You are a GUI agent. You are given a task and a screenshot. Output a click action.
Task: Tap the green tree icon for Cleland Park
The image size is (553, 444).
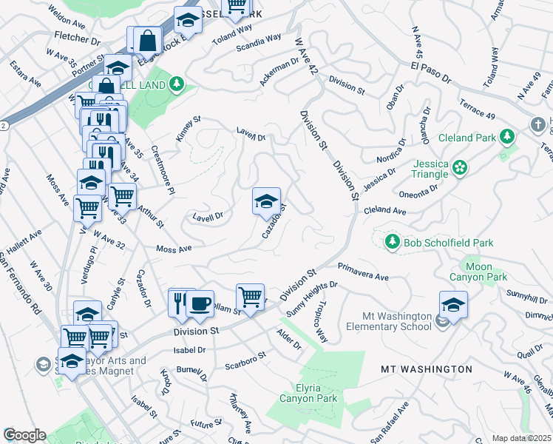coord(507,137)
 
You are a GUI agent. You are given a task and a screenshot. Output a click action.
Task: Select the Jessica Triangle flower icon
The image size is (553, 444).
coord(461,168)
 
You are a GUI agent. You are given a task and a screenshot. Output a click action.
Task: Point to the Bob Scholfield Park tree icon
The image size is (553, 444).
coord(392,242)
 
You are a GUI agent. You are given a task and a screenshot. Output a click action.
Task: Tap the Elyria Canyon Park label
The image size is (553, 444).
coord(308,393)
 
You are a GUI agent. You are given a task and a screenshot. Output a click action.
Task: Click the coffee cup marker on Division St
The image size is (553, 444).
coord(200,303)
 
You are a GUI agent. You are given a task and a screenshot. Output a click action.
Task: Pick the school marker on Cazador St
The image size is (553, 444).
coord(266,201)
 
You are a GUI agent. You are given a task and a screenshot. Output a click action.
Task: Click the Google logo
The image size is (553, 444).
coord(24,435)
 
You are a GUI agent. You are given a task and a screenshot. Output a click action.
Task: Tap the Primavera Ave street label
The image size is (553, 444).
coord(363,272)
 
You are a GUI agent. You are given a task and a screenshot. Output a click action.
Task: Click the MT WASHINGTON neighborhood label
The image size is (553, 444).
coord(426,369)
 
